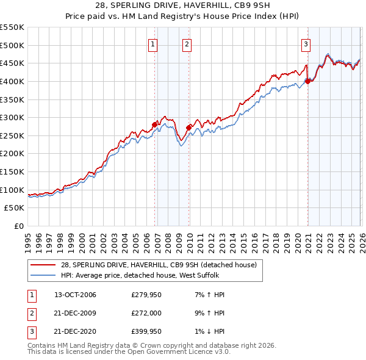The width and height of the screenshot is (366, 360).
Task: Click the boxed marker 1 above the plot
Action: [152, 43]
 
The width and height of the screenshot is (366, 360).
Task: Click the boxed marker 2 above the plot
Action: [186, 43]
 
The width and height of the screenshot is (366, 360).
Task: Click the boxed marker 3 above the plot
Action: [305, 43]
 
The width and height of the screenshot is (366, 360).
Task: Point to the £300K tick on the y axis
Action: [12, 117]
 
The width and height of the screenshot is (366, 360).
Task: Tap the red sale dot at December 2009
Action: [188, 128]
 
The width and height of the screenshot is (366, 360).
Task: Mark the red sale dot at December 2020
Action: [307, 81]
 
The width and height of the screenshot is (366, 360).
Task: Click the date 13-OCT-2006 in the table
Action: [75, 295]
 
